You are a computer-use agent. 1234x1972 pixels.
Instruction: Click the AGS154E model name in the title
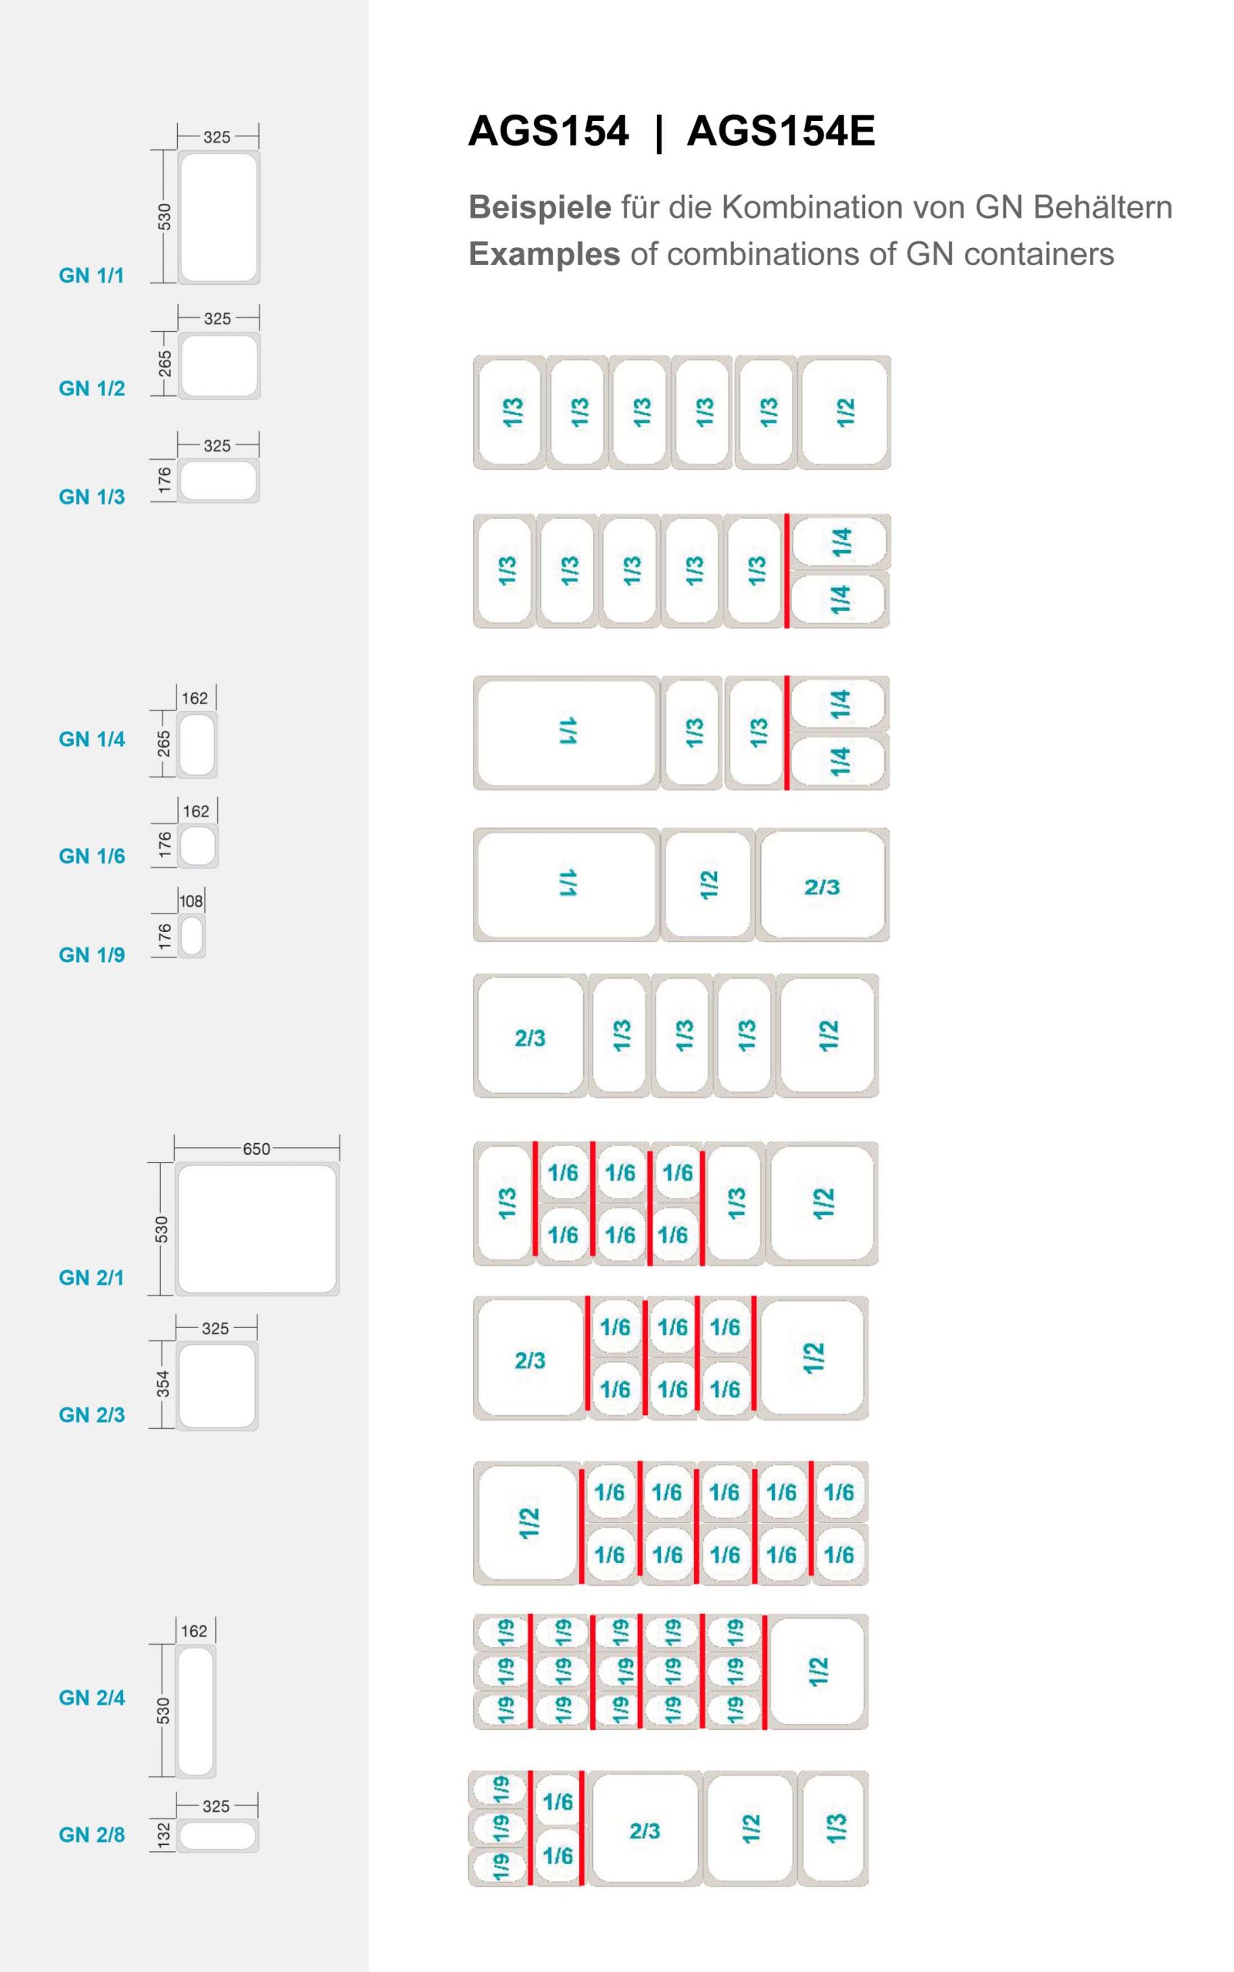pyautogui.click(x=780, y=131)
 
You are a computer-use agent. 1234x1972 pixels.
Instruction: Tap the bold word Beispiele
pyautogui.click(x=539, y=207)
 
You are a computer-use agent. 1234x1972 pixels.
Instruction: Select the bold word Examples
pyautogui.click(x=545, y=254)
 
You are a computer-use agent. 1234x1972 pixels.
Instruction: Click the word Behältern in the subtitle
pyautogui.click(x=1102, y=207)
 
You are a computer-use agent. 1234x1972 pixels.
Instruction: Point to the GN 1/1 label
pyautogui.click(x=92, y=276)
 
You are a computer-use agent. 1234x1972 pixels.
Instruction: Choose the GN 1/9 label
pyautogui.click(x=92, y=955)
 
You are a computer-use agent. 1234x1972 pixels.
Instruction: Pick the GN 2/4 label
pyautogui.click(x=92, y=1698)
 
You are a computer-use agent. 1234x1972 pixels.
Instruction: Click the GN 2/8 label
pyautogui.click(x=92, y=1835)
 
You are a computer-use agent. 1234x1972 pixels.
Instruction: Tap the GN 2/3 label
pyautogui.click(x=92, y=1414)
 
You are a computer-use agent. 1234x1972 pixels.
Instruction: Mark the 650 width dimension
pyautogui.click(x=257, y=1149)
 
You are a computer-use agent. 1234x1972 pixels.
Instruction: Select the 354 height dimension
pyautogui.click(x=163, y=1383)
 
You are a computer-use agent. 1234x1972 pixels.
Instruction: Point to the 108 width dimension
pyautogui.click(x=191, y=901)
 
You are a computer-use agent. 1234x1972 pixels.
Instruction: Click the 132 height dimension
pyautogui.click(x=163, y=1835)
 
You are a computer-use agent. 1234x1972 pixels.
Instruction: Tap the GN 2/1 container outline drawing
pyautogui.click(x=257, y=1229)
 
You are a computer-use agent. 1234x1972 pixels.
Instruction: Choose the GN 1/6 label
pyautogui.click(x=92, y=857)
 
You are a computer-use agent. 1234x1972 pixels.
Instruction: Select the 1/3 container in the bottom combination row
pyautogui.click(x=833, y=1829)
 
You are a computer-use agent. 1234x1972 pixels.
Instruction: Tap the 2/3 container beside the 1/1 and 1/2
pyautogui.click(x=822, y=887)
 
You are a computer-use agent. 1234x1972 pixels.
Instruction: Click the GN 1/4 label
pyautogui.click(x=92, y=739)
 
